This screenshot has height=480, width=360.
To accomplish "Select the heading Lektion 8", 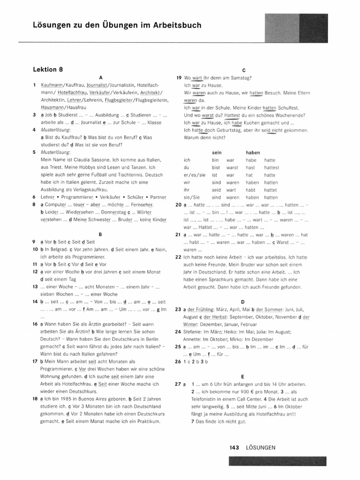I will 48,69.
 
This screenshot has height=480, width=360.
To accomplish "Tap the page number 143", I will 235,448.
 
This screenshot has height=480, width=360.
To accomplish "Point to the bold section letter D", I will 243,301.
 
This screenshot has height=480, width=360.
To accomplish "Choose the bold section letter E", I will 243,376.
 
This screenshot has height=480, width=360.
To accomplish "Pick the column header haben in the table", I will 253,152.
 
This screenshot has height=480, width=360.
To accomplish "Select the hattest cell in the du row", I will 271,167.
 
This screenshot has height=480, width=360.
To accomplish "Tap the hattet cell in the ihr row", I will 270,190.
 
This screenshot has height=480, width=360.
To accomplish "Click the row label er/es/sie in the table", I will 194,175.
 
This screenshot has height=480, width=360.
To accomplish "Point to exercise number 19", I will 179,78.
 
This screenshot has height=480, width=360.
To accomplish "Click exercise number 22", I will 179,257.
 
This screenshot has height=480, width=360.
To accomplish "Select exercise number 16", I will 35,324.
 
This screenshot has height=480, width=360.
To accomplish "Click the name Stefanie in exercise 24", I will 194,331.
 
